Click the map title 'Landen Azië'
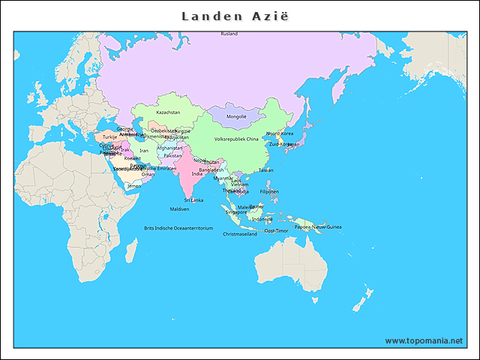[x=239, y=16]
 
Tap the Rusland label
[x=229, y=34]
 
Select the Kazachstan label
[x=168, y=112]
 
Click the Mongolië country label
[x=236, y=117]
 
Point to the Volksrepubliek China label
[x=236, y=139]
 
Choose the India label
[x=196, y=173]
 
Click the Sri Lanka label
[x=193, y=200]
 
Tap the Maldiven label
[x=179, y=209]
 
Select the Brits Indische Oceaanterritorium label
[x=178, y=228]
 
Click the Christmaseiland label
[x=240, y=234]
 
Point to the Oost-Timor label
[x=276, y=231]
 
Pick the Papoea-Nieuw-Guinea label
[x=318, y=226]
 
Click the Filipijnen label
[x=269, y=191]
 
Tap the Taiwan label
[x=265, y=170]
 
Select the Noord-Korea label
[x=280, y=133]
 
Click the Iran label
[x=144, y=151]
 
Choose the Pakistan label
[x=172, y=156]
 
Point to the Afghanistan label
[x=169, y=148]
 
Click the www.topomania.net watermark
[x=424, y=340]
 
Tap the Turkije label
[x=110, y=137]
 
